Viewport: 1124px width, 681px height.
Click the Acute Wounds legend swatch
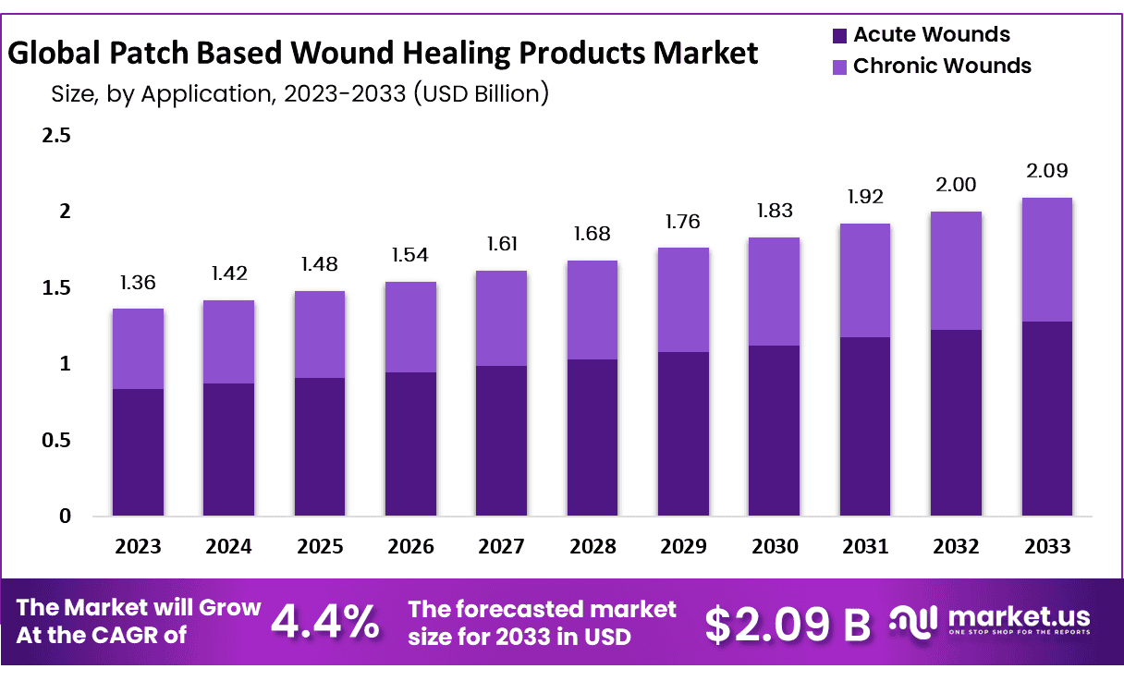[x=839, y=36]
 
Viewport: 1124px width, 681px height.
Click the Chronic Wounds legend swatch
[x=839, y=67]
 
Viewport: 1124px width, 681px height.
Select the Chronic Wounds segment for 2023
[x=138, y=348]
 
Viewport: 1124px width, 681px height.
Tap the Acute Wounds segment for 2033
[x=1047, y=419]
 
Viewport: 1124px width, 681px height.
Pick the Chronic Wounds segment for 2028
[x=593, y=310]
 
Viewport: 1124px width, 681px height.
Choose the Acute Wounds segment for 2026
[x=410, y=444]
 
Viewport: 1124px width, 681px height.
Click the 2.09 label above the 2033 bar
[x=1047, y=171]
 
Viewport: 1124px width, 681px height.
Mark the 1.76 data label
[x=683, y=222]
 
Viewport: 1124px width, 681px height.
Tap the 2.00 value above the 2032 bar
[x=957, y=185]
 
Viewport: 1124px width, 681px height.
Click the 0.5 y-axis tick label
[x=56, y=441]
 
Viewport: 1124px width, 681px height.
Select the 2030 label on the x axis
[x=775, y=546]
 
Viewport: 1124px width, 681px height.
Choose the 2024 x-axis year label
[x=228, y=546]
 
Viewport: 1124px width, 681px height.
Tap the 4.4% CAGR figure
[x=324, y=622]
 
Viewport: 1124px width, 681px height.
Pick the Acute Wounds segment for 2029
[x=683, y=434]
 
